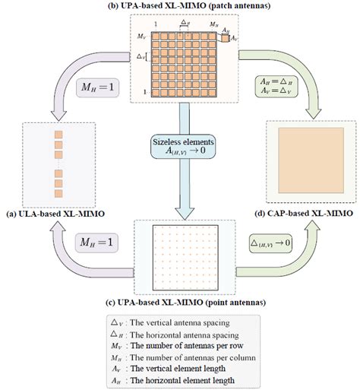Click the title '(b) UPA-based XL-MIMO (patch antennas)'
point(179,6)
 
